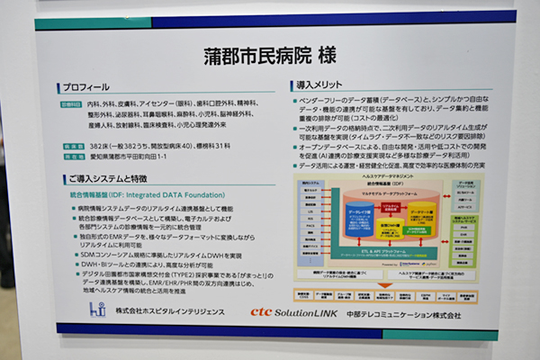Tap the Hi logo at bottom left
coord(97,310)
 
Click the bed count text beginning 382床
coord(162,146)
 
